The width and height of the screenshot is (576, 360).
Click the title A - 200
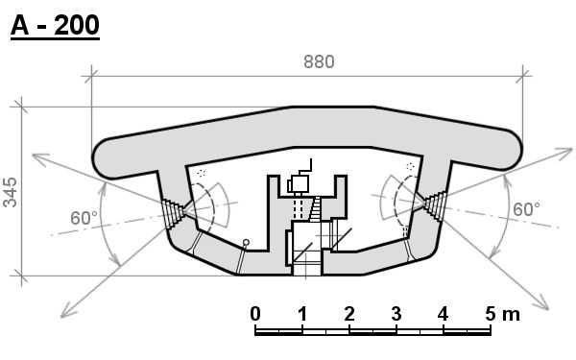55,26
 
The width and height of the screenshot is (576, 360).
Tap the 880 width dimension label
319,61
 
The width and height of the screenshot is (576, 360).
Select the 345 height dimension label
10,193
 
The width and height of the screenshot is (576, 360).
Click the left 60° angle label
84,218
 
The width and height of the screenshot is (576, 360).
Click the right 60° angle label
526,209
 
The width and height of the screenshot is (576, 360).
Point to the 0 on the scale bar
255,314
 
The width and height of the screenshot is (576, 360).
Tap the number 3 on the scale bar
396,314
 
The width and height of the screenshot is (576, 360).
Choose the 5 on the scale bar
491,314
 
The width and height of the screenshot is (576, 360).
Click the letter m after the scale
511,316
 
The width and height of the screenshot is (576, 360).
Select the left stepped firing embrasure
173,214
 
